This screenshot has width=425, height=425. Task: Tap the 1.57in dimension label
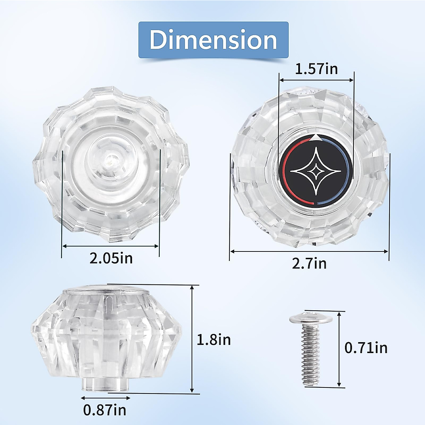pos(316,69)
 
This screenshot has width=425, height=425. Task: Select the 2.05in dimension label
pos(111,258)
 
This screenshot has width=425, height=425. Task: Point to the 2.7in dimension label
pos(309,263)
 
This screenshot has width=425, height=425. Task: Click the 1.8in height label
pos(214,340)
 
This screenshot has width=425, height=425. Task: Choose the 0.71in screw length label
pos(366,348)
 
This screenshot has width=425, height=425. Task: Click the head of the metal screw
pos(311,319)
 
